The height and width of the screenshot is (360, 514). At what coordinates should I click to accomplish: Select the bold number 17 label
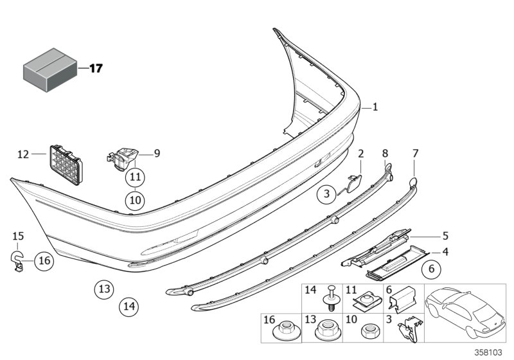pos(95,67)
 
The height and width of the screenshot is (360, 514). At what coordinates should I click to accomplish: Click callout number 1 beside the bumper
pos(376,108)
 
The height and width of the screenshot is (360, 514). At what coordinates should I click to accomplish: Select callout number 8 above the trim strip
pos(385,153)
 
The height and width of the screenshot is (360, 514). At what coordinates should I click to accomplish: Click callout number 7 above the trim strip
pos(415,153)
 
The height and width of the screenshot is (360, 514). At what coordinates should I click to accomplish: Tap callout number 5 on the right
pos(445,236)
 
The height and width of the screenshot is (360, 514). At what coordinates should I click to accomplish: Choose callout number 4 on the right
pos(445,252)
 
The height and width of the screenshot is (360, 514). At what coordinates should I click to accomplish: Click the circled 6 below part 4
pos(432,270)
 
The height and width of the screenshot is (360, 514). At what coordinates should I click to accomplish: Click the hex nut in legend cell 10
pos(369,332)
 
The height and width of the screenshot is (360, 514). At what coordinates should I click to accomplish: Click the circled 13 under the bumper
pos(105,289)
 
